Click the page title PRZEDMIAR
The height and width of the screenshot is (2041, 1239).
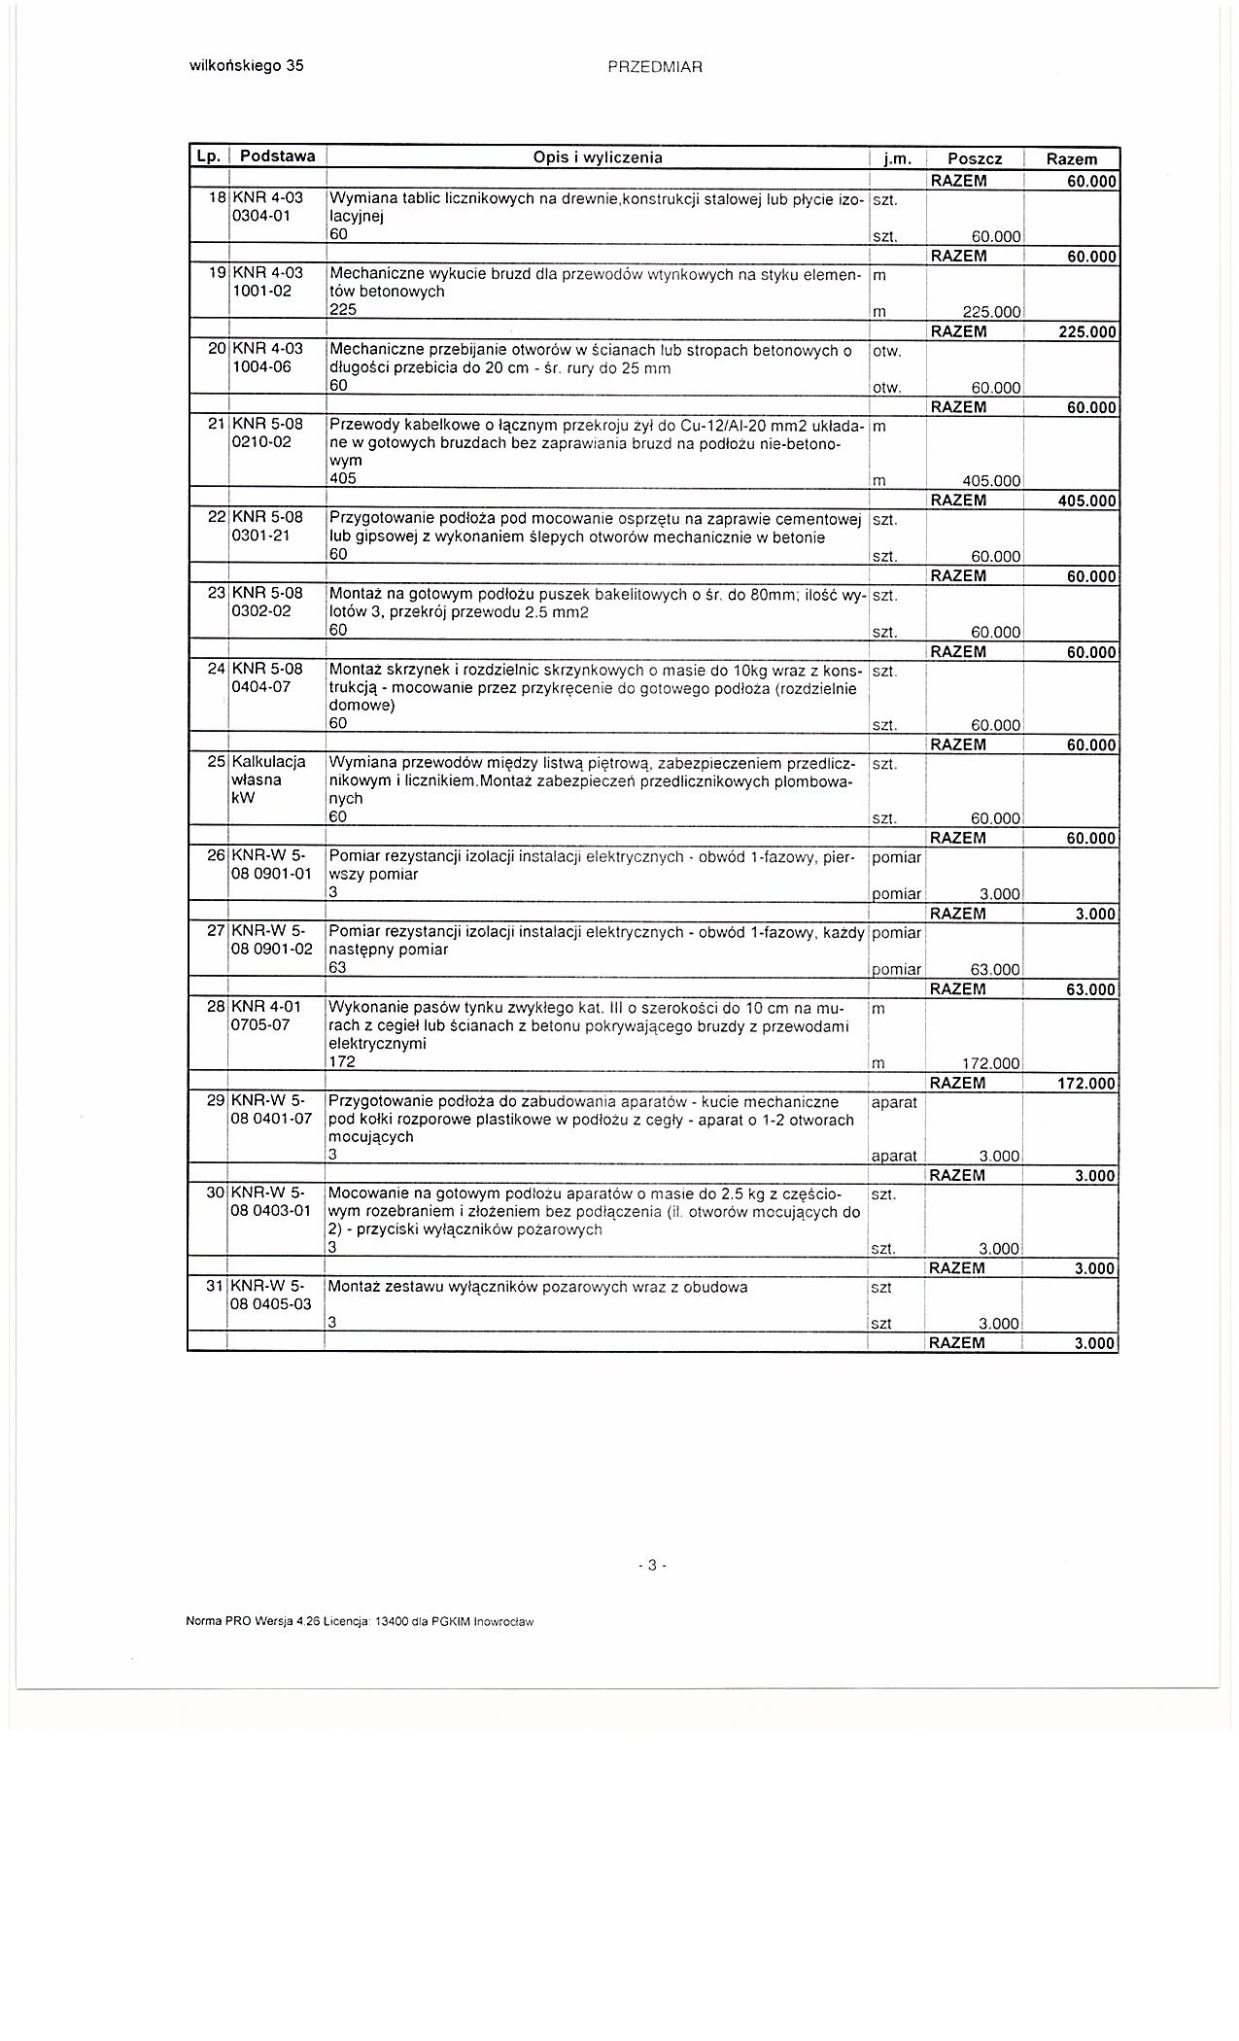click(x=654, y=67)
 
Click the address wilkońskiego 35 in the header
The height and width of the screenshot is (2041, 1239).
click(x=245, y=66)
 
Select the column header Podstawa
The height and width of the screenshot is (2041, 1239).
click(x=277, y=156)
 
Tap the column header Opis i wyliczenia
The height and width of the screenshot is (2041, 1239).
click(x=598, y=157)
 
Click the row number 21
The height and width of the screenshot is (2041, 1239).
click(x=217, y=425)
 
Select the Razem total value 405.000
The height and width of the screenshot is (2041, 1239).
click(x=1086, y=502)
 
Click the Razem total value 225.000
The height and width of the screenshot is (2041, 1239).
click(x=1086, y=332)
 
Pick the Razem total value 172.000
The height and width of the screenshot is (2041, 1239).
click(x=1086, y=1084)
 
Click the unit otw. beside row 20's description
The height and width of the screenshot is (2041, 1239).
click(x=887, y=350)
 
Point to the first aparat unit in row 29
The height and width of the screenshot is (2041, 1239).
click(x=894, y=1103)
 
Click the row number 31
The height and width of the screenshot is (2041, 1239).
click(x=216, y=1286)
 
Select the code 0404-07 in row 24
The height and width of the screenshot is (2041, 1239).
click(x=260, y=687)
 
